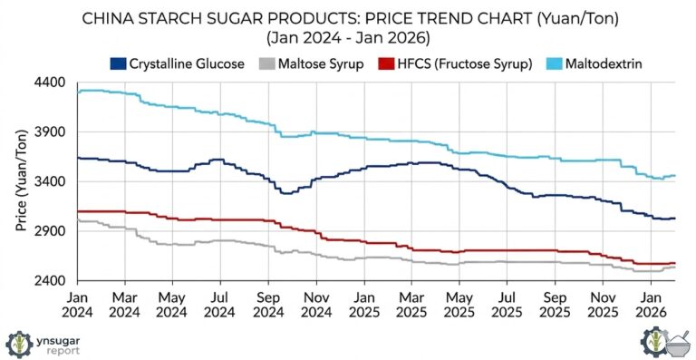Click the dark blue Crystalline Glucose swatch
[x=118, y=63]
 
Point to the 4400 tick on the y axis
[x=50, y=83]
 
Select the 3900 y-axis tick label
[x=50, y=132]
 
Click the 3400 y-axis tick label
[x=50, y=181]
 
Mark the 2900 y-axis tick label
[x=50, y=231]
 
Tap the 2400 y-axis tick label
[x=50, y=280]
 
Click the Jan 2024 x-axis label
[x=77, y=304]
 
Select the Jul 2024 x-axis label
[x=218, y=304]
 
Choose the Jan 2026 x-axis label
[x=650, y=304]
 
